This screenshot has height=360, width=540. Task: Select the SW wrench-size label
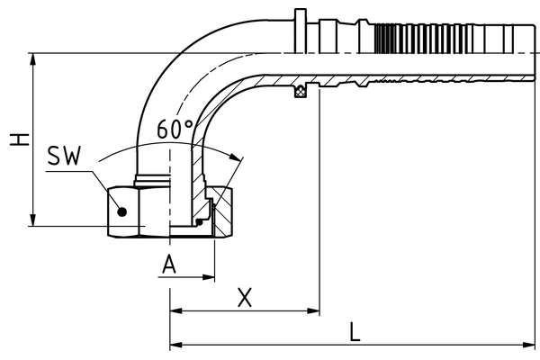[x=64, y=157]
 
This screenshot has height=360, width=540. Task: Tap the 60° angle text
[x=175, y=130]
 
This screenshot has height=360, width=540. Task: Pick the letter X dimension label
[x=243, y=297]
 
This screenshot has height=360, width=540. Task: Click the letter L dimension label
[x=355, y=331]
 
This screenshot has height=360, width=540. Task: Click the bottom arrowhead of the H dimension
[x=33, y=220]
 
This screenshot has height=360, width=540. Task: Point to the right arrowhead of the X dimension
[x=314, y=311]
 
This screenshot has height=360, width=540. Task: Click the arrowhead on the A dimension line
[x=210, y=278]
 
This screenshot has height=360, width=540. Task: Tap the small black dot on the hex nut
[x=125, y=212]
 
